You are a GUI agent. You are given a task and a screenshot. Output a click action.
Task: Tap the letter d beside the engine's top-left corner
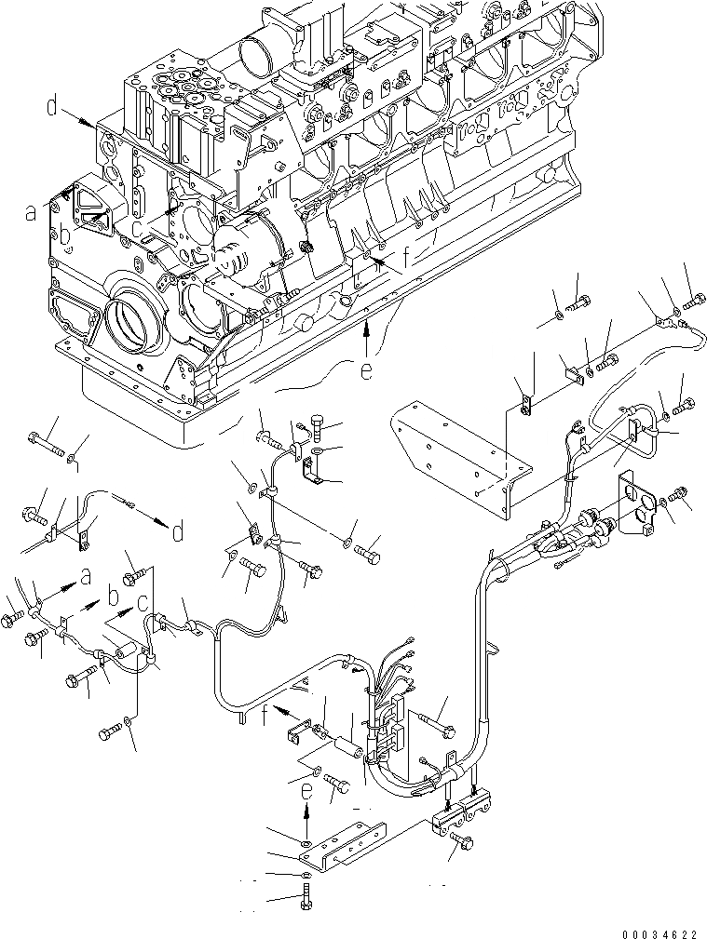click(54, 109)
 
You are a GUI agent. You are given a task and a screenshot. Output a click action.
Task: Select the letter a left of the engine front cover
click(31, 213)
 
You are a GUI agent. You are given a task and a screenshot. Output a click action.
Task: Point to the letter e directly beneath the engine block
click(367, 371)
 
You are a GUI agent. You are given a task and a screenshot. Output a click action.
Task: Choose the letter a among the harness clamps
click(86, 577)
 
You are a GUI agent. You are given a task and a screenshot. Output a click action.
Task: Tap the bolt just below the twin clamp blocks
click(460, 840)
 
